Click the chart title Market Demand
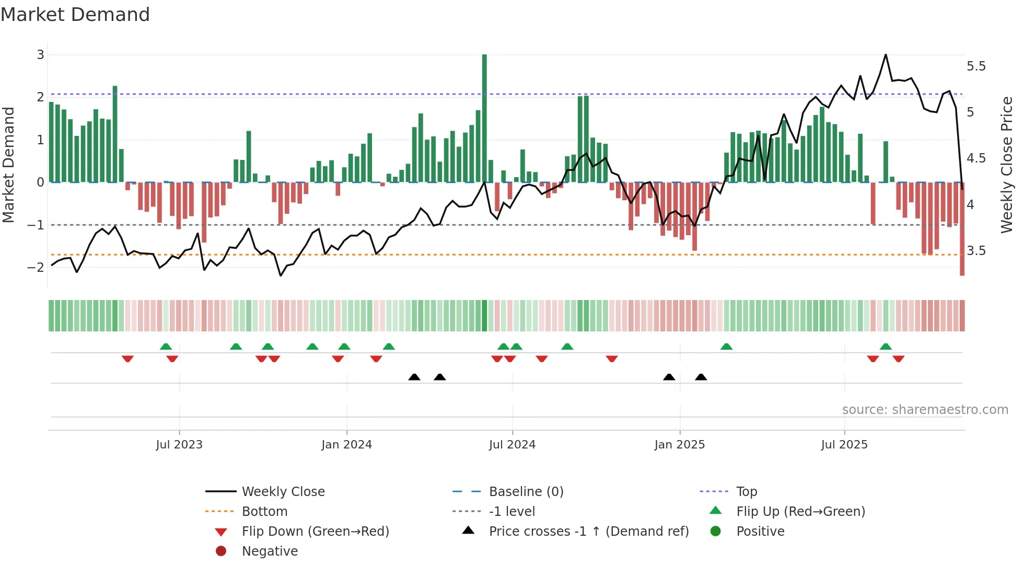pos(75,15)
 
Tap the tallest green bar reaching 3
pos(484,118)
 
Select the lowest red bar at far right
pos(962,230)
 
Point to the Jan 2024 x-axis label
pos(346,445)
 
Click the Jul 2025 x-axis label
pos(844,445)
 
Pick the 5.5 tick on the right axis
pos(976,66)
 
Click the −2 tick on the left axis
pos(36,267)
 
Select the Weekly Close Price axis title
pos(1006,165)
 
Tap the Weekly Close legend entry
pos(283,492)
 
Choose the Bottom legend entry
pos(264,512)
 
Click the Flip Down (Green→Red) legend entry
pos(315,532)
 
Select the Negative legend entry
pos(270,551)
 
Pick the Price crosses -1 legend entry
pos(588,532)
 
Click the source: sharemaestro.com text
pos(925,410)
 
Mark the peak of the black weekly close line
pos(886,55)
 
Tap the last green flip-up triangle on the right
pos(886,347)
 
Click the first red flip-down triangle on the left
pos(127,359)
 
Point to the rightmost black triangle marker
pos(701,377)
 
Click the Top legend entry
pos(746,492)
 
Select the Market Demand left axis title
pos(9,165)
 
